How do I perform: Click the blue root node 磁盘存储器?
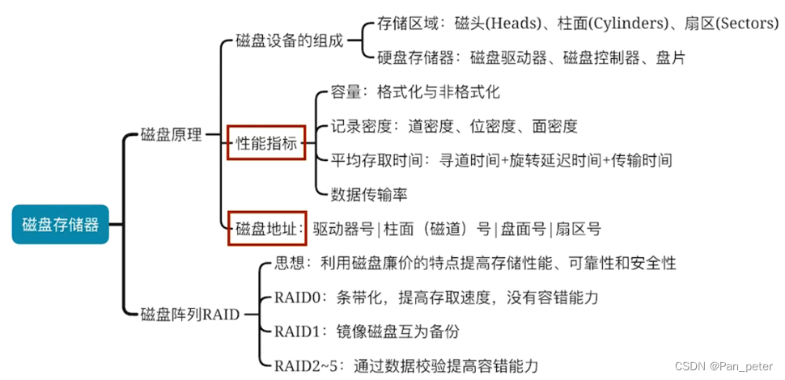[x=61, y=224]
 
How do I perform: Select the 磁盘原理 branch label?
[x=171, y=135]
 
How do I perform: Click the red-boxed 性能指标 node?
[x=266, y=143]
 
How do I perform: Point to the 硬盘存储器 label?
[x=412, y=57]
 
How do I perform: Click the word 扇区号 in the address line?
[x=578, y=229]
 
